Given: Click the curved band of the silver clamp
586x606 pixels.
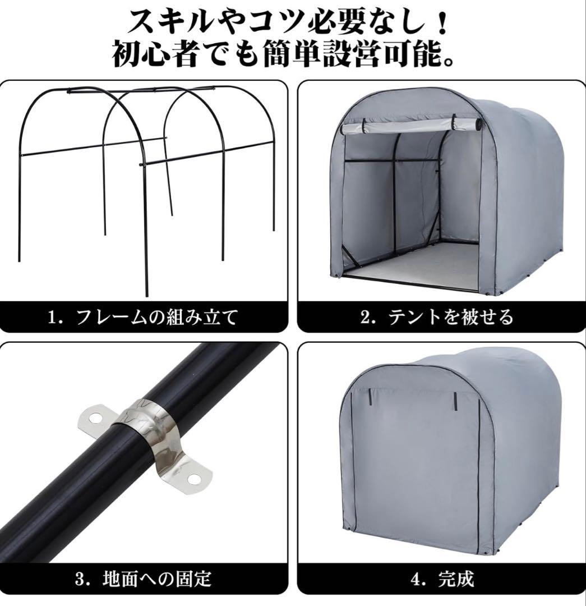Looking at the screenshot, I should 147,426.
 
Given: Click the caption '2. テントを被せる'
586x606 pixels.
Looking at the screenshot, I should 437,317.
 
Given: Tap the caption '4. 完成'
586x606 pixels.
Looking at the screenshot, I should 442,579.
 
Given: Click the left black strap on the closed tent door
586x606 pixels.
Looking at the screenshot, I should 371,396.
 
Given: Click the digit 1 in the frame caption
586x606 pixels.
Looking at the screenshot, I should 52,318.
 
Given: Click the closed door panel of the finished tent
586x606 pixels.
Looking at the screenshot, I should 415,466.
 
